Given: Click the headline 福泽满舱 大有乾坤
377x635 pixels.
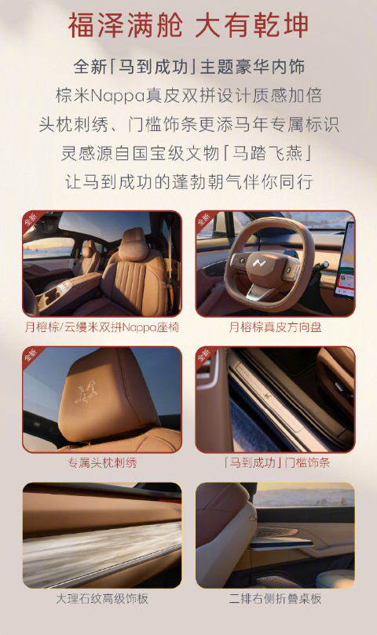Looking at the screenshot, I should (188, 25).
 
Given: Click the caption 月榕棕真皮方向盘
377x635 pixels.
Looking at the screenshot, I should (275, 327).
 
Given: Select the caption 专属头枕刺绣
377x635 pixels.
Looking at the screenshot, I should (102, 462).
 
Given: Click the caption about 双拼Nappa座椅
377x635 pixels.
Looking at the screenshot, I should (102, 327).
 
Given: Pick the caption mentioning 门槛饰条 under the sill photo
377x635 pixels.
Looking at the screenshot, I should (275, 462).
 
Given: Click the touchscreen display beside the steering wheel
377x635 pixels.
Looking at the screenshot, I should (344, 259).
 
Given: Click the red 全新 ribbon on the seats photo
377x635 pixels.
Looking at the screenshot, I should (32, 220).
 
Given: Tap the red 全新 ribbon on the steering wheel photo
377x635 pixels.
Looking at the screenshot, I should (205, 220).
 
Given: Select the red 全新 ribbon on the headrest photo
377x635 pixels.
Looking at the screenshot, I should (32, 356).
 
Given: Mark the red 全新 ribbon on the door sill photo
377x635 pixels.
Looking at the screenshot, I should (205, 356).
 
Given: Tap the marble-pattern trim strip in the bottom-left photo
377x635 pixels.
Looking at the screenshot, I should (102, 549).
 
